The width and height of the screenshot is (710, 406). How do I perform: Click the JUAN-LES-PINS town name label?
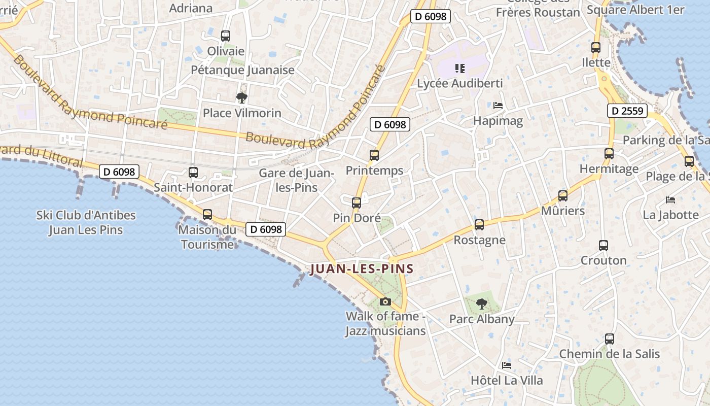click(x=362, y=269)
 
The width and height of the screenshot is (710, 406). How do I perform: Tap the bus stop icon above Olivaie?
click(x=226, y=36)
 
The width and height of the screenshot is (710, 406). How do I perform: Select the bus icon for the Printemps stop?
click(x=374, y=155)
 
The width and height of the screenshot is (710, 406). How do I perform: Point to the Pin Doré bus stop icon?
click(x=357, y=203)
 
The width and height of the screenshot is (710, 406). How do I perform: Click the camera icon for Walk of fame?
click(x=385, y=301)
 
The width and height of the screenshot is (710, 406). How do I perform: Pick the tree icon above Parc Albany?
click(x=481, y=304)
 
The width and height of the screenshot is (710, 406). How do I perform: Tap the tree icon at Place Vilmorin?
click(x=241, y=97)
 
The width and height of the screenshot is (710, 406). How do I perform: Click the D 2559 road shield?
click(x=628, y=111)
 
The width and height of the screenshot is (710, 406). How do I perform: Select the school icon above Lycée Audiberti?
click(x=460, y=68)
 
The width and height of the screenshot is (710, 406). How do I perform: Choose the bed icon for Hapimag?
click(x=498, y=106)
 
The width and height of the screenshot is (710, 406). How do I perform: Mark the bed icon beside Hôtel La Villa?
click(x=506, y=365)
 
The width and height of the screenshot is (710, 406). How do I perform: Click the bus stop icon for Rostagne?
click(x=479, y=225)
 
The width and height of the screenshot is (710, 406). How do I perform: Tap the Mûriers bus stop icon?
click(x=562, y=196)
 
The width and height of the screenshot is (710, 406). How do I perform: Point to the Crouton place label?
click(x=603, y=260)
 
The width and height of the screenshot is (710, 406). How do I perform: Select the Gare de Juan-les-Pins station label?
click(x=296, y=180)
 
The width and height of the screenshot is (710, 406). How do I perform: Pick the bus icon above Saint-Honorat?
click(x=193, y=173)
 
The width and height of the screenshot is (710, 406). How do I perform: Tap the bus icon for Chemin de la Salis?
click(x=610, y=339)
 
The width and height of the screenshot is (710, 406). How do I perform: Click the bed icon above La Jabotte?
click(x=670, y=199)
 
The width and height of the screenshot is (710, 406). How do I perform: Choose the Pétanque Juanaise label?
click(x=243, y=70)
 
